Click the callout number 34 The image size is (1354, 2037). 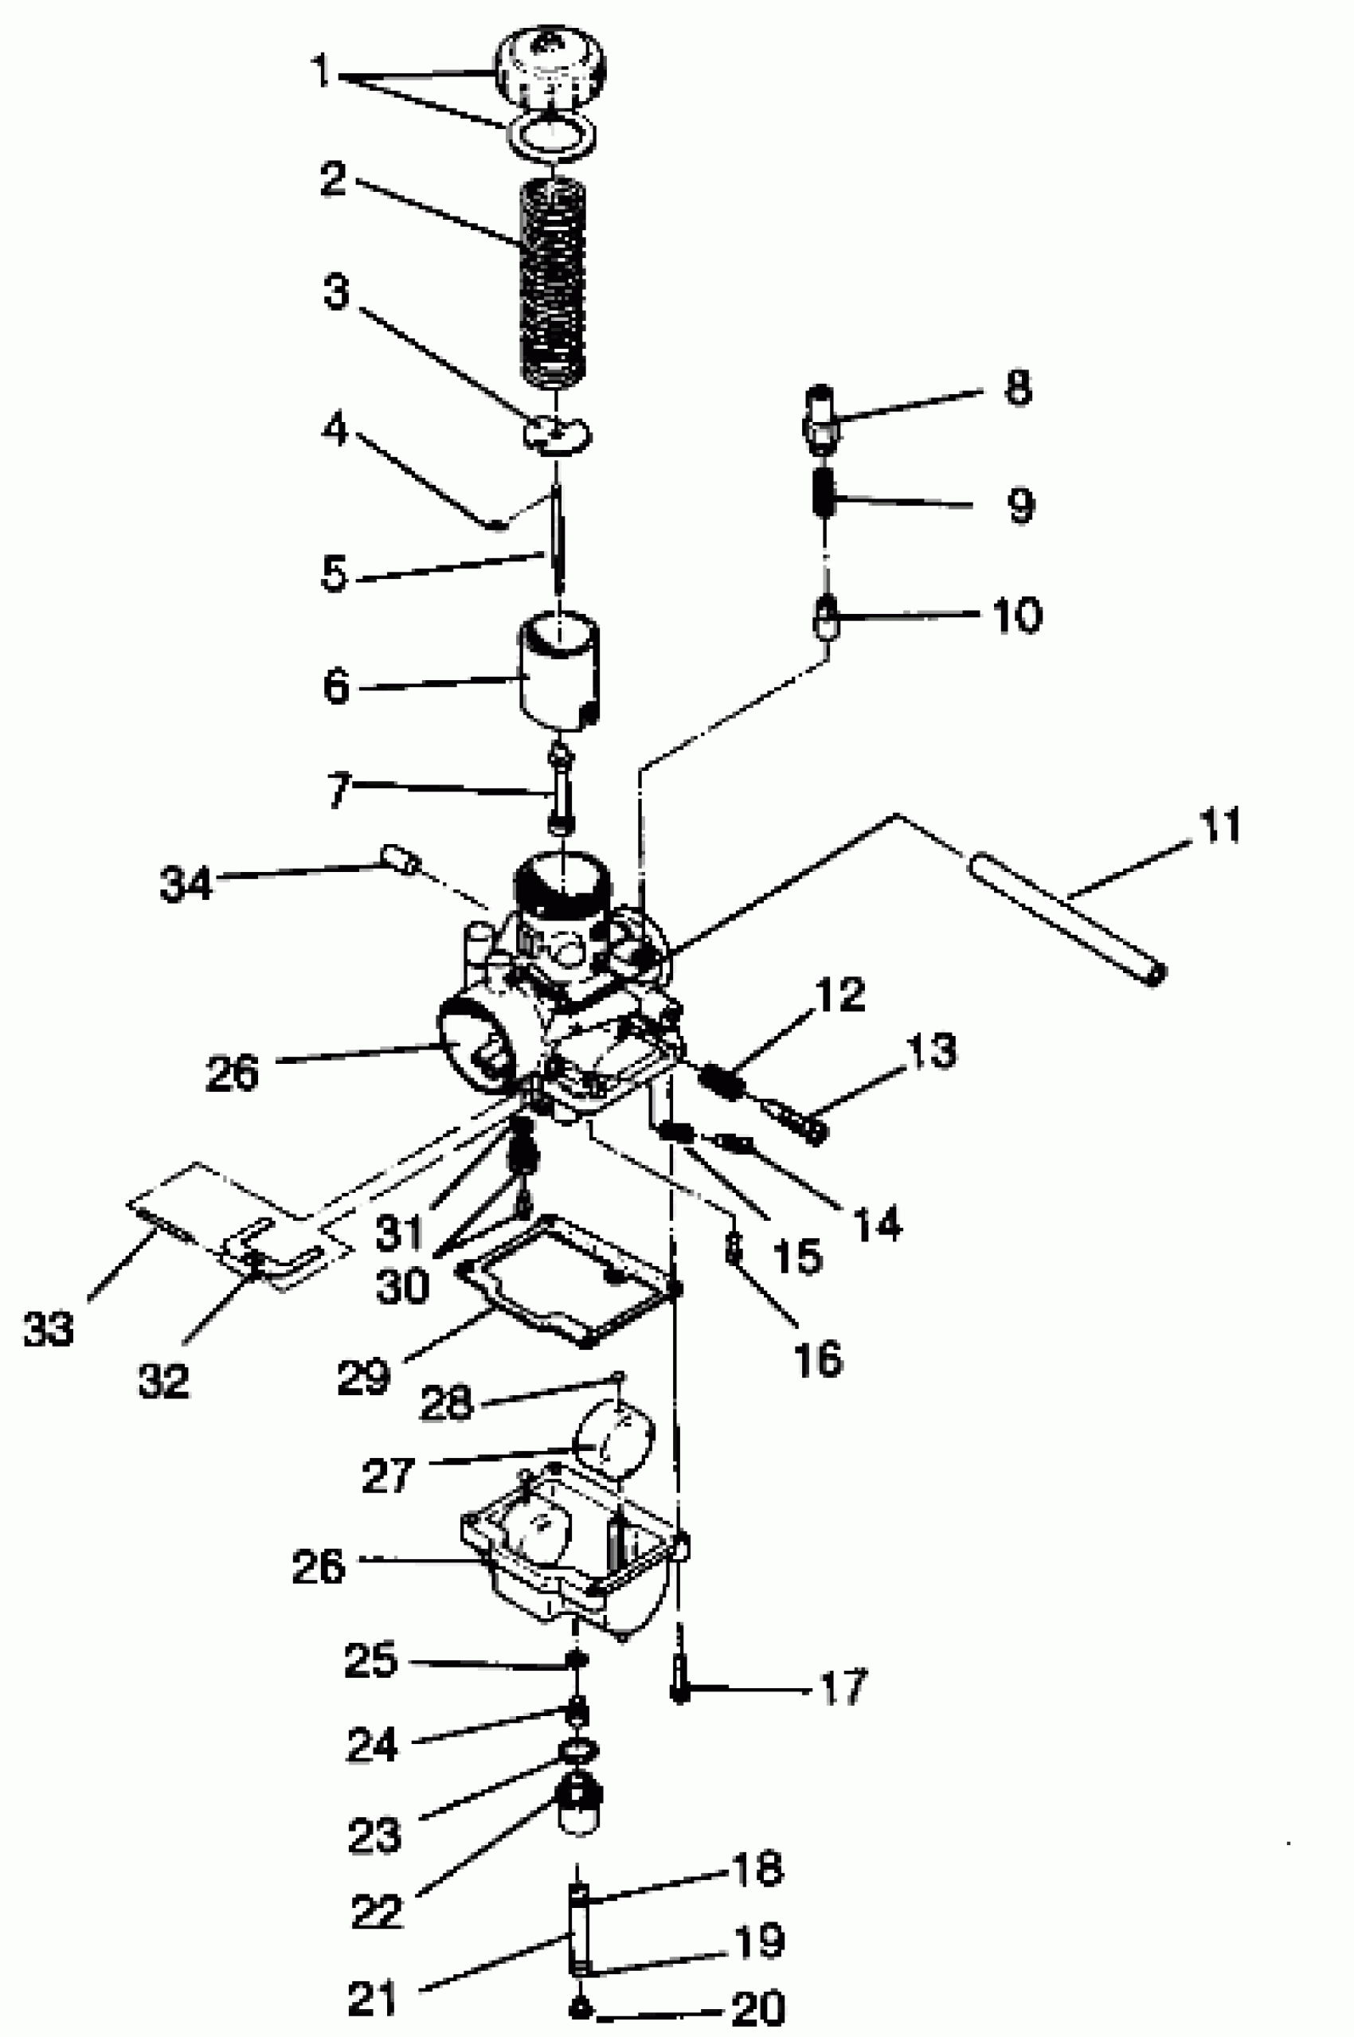pos(185,884)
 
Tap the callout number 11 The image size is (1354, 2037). pos(1219,825)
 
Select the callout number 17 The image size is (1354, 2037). pos(842,1687)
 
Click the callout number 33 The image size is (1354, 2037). pos(49,1327)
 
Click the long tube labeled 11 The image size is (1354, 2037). pos(1067,918)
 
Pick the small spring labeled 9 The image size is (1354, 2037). pos(825,493)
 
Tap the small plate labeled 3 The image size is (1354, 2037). pos(556,434)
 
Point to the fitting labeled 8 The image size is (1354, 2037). pos(821,420)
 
